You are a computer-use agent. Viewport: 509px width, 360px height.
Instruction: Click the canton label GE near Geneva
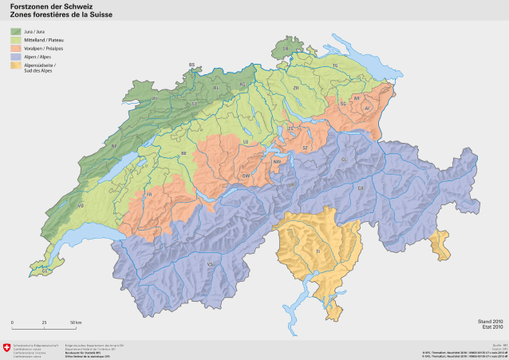pos(45,271)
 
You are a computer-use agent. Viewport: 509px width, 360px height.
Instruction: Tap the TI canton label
pos(317,250)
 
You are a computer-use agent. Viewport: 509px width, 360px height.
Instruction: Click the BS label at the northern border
pos(191,64)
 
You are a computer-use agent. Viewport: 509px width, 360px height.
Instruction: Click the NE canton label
pos(114,147)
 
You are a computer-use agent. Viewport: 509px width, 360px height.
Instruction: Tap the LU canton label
pos(246,141)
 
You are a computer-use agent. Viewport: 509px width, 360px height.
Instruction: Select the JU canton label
pos(154,97)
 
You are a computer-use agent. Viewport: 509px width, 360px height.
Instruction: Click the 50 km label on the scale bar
pos(73,322)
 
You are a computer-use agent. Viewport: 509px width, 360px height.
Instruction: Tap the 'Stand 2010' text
pos(490,322)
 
